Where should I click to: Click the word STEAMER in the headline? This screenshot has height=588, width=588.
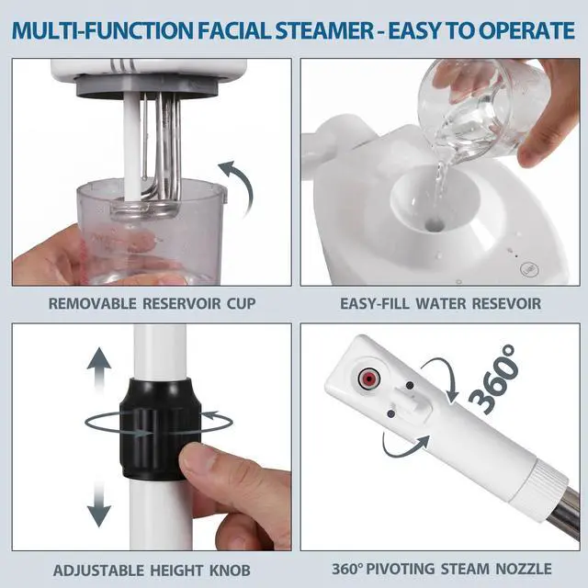(x=324, y=30)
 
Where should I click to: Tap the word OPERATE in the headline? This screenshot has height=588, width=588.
(x=526, y=30)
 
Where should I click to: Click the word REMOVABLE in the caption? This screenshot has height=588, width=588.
(x=92, y=303)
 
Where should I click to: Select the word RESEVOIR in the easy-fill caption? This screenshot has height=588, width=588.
(x=506, y=303)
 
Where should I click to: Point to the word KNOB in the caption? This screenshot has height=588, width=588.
(x=230, y=571)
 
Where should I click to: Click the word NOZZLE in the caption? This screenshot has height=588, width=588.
(x=524, y=569)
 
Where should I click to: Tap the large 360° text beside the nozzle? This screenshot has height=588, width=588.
(x=494, y=379)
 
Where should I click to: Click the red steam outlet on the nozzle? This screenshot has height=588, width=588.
(x=368, y=379)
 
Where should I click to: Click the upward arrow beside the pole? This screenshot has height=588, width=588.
(x=99, y=370)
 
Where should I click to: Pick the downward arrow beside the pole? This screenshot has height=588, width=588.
(x=99, y=503)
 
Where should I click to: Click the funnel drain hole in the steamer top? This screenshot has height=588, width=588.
(x=435, y=225)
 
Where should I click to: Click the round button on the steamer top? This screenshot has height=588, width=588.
(x=529, y=269)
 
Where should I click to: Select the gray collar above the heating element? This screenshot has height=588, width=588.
(x=147, y=86)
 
